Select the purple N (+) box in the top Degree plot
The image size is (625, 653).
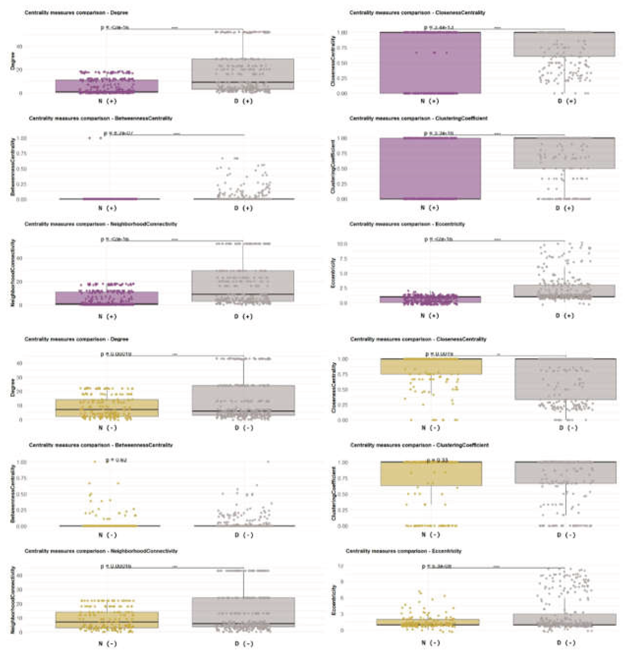pyautogui.click(x=107, y=86)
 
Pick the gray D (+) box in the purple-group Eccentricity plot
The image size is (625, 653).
pyautogui.click(x=564, y=290)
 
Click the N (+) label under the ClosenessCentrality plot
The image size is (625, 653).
pyautogui.click(x=430, y=101)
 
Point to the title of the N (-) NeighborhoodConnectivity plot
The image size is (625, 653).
pyautogui.click(x=101, y=551)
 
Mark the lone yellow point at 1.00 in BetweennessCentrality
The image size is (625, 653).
pyautogui.click(x=95, y=461)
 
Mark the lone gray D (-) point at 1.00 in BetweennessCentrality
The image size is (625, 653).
pyautogui.click(x=268, y=461)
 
